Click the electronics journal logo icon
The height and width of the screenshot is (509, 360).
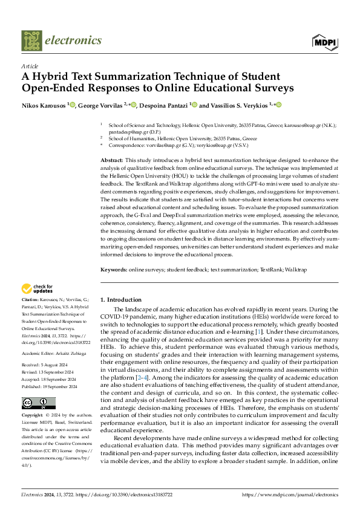[x=32, y=41]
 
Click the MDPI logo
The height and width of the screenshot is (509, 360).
[x=324, y=42]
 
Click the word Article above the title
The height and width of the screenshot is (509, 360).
[x=30, y=66]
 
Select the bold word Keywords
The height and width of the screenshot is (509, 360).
[x=114, y=269]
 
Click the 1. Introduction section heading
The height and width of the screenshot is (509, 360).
[x=121, y=300]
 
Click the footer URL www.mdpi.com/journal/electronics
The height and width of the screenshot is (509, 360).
[x=290, y=495]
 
